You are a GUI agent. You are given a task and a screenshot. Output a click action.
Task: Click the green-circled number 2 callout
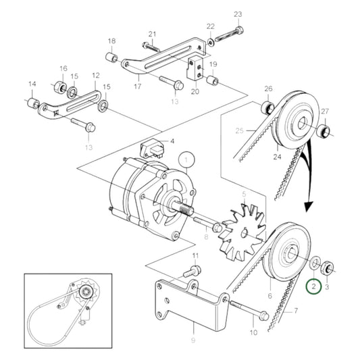coord(314,286)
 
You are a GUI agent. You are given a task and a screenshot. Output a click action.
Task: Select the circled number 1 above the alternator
coord(186,160)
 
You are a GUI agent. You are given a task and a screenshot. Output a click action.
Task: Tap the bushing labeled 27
coord(324,130)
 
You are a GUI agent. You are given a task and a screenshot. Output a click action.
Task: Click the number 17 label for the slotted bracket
coord(138,86)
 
